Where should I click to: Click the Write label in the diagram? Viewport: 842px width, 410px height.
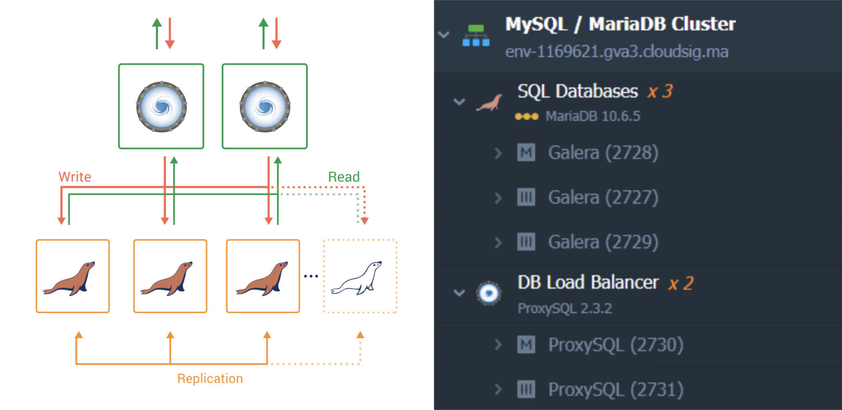[x=75, y=177]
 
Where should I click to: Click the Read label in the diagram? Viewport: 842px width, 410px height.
[x=344, y=177]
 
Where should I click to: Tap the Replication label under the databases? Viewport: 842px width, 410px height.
[x=210, y=379]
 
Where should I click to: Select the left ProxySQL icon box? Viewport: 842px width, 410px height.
[x=161, y=106]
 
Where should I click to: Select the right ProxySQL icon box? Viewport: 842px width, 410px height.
[x=264, y=106]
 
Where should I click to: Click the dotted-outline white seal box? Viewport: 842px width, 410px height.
[x=360, y=276]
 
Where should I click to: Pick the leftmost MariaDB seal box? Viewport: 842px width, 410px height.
[x=72, y=276]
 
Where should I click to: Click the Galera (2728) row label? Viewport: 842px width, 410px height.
[x=603, y=153]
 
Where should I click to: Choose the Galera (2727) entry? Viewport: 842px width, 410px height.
[x=603, y=197]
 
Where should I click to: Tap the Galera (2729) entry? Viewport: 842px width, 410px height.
[x=603, y=242]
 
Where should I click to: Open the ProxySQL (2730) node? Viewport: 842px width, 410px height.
[x=615, y=345]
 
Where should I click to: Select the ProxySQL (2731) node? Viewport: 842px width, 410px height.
[x=615, y=390]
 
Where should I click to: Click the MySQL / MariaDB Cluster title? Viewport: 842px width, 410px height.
[x=620, y=24]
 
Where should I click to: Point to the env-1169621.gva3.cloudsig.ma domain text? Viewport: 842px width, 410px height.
[x=616, y=52]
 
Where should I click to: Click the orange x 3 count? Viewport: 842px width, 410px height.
[x=660, y=91]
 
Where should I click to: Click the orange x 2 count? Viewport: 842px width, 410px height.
[x=680, y=283]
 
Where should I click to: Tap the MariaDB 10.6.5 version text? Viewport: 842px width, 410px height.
[x=593, y=117]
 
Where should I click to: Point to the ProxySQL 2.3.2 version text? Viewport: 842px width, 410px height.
[x=565, y=308]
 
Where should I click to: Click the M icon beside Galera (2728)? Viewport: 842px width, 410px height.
[x=526, y=153]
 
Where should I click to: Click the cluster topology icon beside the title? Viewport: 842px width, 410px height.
[x=475, y=36]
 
